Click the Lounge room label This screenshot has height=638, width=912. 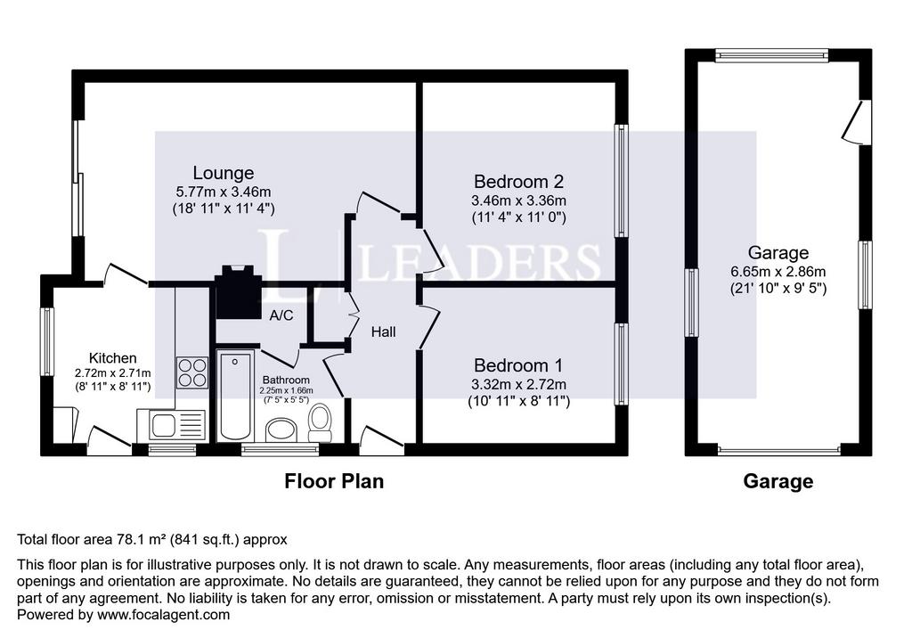coord(224,173)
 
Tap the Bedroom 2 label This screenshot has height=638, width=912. coord(518,182)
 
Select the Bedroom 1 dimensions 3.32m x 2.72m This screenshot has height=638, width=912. coord(518,384)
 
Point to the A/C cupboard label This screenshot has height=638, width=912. coord(281,315)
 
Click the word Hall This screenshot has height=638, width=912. coord(383,331)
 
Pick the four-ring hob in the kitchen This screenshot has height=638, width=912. coord(192,372)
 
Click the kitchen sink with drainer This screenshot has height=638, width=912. coord(171,425)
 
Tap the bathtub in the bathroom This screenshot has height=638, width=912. coord(235,396)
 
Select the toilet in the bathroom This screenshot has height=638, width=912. coord(320,423)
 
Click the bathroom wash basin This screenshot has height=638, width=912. coord(281,429)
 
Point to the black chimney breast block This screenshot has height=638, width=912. coord(238,292)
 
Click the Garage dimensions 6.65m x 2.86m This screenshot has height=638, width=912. coord(778,271)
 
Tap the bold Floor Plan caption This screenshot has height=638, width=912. coord(334,481)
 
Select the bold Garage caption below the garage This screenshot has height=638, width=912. coord(778,481)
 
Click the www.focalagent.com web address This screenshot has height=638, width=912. coord(164,615)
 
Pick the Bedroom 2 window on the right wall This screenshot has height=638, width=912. coord(622,181)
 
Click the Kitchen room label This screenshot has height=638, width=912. coord(113,358)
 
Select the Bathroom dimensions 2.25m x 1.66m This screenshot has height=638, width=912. coord(286,390)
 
